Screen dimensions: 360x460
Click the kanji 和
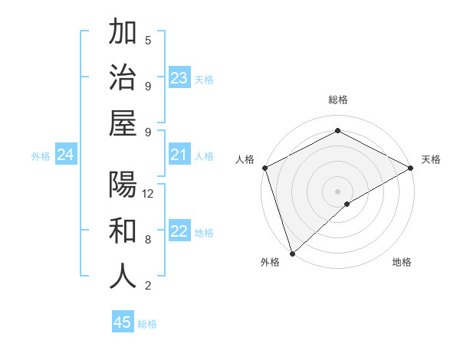[x=123, y=231]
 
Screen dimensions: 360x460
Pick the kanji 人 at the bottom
[x=123, y=277]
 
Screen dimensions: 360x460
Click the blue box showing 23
[x=179, y=78]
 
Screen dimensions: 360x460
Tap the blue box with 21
[x=179, y=155]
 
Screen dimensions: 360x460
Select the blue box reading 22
[x=179, y=232]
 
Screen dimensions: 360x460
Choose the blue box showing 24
[x=65, y=155]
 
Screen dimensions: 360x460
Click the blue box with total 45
[x=123, y=322]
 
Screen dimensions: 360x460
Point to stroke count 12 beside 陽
[x=148, y=194]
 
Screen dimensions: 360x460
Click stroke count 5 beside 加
[x=148, y=40]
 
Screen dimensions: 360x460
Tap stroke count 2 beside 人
[x=148, y=286]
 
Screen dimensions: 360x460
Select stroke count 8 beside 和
[x=148, y=240]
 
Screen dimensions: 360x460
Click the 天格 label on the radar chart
[x=431, y=159]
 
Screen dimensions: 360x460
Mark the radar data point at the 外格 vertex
[x=291, y=253]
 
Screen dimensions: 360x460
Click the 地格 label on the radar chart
[x=402, y=263]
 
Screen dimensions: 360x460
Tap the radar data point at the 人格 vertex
[x=264, y=167]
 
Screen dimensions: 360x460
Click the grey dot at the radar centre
[x=337, y=191]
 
